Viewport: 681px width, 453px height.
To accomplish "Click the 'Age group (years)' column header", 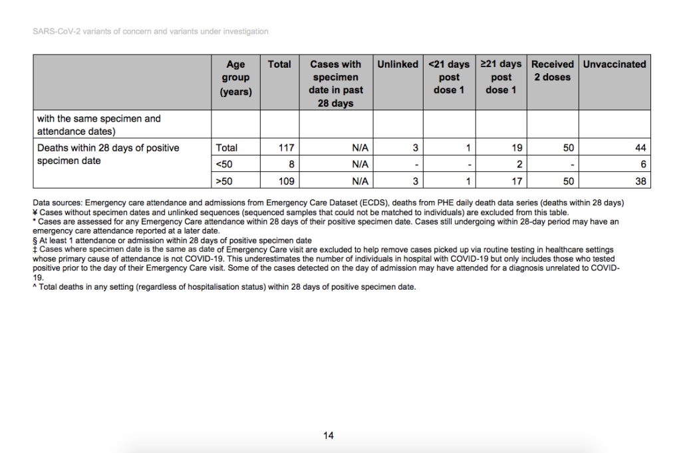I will (x=235, y=78).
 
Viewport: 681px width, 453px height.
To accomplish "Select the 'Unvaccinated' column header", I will (x=614, y=64).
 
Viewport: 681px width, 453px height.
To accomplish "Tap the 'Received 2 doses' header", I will (x=552, y=70).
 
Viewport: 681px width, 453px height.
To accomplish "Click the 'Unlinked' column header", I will (x=398, y=64).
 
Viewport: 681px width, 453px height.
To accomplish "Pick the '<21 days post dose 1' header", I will (x=449, y=77).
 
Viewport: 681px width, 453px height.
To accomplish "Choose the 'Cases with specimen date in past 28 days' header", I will (x=336, y=84).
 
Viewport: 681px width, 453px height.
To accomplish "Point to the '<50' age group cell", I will (x=224, y=164).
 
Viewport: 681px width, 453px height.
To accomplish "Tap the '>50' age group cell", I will (x=224, y=180).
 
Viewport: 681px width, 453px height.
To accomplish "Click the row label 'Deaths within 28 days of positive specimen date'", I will (x=108, y=154).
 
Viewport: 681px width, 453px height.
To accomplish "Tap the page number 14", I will (x=329, y=436).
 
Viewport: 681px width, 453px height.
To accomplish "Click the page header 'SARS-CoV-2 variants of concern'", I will (x=150, y=31).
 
